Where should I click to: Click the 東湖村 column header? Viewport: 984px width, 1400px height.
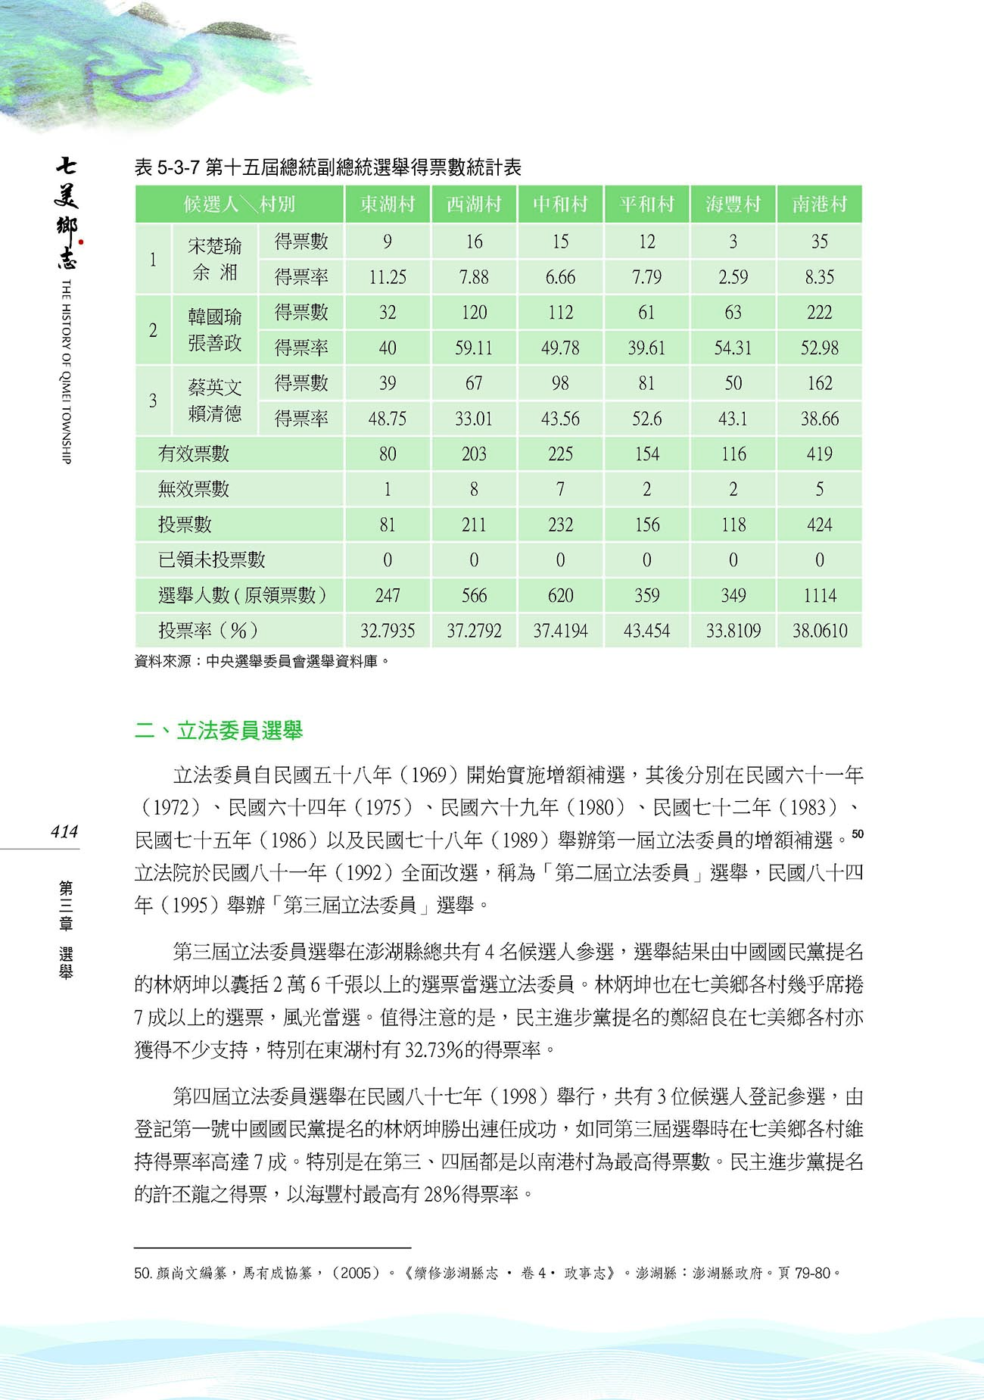388,204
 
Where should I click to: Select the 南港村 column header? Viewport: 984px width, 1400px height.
819,204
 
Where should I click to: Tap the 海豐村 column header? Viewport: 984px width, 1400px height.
733,204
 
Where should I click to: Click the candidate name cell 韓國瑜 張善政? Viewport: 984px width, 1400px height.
215,329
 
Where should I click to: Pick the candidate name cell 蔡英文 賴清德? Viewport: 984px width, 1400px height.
215,401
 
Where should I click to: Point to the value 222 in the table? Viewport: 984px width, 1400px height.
819,312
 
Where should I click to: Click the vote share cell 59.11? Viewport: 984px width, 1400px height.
474,348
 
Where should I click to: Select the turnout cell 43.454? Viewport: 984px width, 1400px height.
646,630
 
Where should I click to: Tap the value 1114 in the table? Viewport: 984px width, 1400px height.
819,595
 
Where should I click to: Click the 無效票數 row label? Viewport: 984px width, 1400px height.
194,489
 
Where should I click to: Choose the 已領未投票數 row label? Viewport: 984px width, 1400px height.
212,560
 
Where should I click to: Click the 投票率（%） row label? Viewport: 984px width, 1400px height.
208,630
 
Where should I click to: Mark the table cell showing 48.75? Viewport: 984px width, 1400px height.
388,418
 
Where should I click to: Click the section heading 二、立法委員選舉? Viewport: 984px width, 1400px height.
219,731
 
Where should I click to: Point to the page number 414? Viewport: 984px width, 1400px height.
64,831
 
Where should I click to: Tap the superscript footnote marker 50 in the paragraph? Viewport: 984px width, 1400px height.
857,834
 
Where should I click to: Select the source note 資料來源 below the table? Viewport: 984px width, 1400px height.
262,661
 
